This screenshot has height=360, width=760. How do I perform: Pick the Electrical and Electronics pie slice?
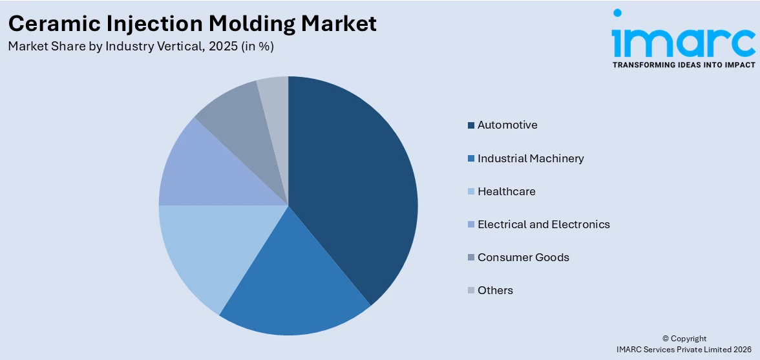pyautogui.click(x=194, y=168)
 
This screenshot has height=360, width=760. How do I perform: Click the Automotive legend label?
pyautogui.click(x=507, y=125)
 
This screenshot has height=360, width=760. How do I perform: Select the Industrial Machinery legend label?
pyautogui.click(x=531, y=158)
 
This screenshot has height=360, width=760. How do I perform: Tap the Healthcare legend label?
pyautogui.click(x=507, y=191)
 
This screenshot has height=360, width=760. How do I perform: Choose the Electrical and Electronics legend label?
pyautogui.click(x=544, y=224)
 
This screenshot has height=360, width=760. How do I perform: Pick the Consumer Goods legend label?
pyautogui.click(x=523, y=257)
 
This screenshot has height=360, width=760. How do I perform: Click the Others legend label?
pyautogui.click(x=495, y=290)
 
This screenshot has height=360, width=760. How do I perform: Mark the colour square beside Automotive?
pyautogui.click(x=472, y=125)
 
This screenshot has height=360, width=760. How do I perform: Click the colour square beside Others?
pyautogui.click(x=472, y=291)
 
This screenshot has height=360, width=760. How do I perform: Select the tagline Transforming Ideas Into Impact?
pyautogui.click(x=683, y=65)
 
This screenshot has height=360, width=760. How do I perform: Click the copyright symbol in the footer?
pyautogui.click(x=665, y=339)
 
